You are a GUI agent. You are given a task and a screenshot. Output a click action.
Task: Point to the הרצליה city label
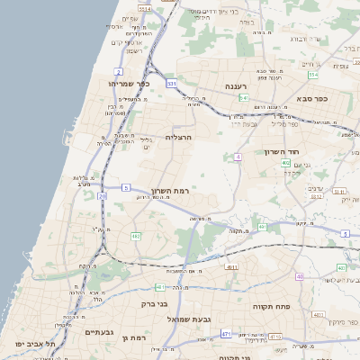tap(180, 137)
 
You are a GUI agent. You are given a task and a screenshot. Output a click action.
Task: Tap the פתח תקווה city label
tap(266, 307)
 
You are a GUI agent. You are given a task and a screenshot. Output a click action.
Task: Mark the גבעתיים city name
tap(98, 332)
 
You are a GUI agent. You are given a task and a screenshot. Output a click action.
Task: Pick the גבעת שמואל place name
tap(182, 319)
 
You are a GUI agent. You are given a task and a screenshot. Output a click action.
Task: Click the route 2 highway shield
tap(119, 70)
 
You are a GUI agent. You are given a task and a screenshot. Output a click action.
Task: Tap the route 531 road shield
tap(171, 83)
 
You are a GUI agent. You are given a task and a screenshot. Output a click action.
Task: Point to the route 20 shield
tap(103, 195)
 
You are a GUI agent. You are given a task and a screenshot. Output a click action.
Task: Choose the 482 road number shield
tap(136, 236)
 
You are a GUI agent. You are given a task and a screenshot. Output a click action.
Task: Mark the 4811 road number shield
tap(232, 267)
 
